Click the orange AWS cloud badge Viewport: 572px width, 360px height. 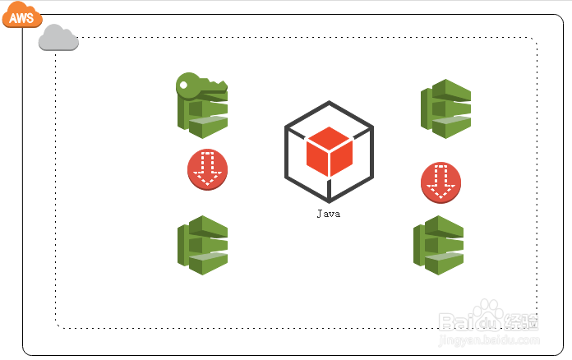21,15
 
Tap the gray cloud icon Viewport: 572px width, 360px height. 58,38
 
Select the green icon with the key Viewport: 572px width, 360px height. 202,107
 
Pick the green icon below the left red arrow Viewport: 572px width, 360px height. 202,245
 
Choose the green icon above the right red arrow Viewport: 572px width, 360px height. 445,108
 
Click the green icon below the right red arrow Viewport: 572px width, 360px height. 438,245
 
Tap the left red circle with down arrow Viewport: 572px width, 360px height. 207,168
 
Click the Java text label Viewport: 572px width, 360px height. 329,214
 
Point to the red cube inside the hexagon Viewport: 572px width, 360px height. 329,151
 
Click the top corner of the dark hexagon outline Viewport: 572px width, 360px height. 329,102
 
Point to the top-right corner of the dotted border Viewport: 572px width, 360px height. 536,38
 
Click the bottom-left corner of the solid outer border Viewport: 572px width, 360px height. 25,353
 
